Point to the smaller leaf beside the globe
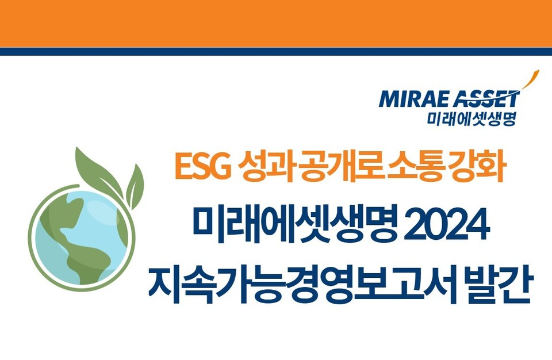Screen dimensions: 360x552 pos(135,185)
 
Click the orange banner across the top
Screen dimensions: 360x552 pos(276,23)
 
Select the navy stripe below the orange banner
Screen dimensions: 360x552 pos(276,51)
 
